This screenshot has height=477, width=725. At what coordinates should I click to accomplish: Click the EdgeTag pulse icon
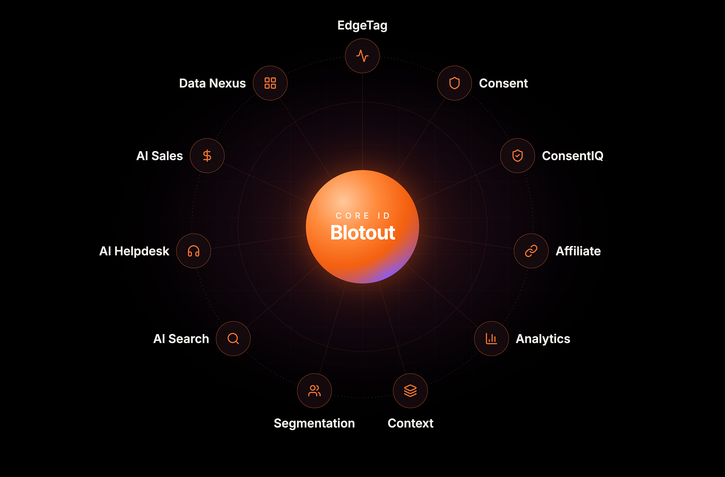(x=362, y=56)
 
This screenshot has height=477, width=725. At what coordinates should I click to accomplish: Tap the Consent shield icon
(x=455, y=83)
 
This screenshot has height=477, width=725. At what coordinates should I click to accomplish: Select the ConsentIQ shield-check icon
(x=518, y=156)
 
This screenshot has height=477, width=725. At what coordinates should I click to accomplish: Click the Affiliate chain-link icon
(x=531, y=251)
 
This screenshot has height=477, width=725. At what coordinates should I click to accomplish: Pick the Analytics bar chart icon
(x=491, y=339)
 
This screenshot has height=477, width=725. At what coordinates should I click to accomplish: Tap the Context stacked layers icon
(x=410, y=391)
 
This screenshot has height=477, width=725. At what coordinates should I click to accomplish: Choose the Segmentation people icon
(x=315, y=391)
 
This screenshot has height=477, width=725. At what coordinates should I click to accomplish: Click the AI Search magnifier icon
(x=233, y=339)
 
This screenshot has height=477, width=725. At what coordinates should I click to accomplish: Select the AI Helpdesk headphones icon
(x=194, y=251)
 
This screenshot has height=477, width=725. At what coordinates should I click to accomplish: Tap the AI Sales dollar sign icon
(x=207, y=156)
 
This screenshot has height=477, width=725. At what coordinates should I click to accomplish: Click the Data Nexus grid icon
(x=270, y=83)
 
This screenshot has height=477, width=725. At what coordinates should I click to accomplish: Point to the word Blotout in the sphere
(x=362, y=232)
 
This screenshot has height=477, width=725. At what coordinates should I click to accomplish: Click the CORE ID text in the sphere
(x=362, y=216)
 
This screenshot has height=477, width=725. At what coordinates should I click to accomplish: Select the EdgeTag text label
(x=362, y=26)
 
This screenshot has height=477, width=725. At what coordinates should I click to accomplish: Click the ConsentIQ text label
(x=572, y=156)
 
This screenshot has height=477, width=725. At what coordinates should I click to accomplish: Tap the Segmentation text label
(x=314, y=423)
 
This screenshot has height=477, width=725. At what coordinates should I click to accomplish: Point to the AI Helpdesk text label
(x=134, y=251)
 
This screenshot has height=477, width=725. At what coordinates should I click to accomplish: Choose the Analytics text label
(x=543, y=339)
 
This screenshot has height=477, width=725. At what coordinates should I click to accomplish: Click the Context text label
(x=410, y=423)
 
